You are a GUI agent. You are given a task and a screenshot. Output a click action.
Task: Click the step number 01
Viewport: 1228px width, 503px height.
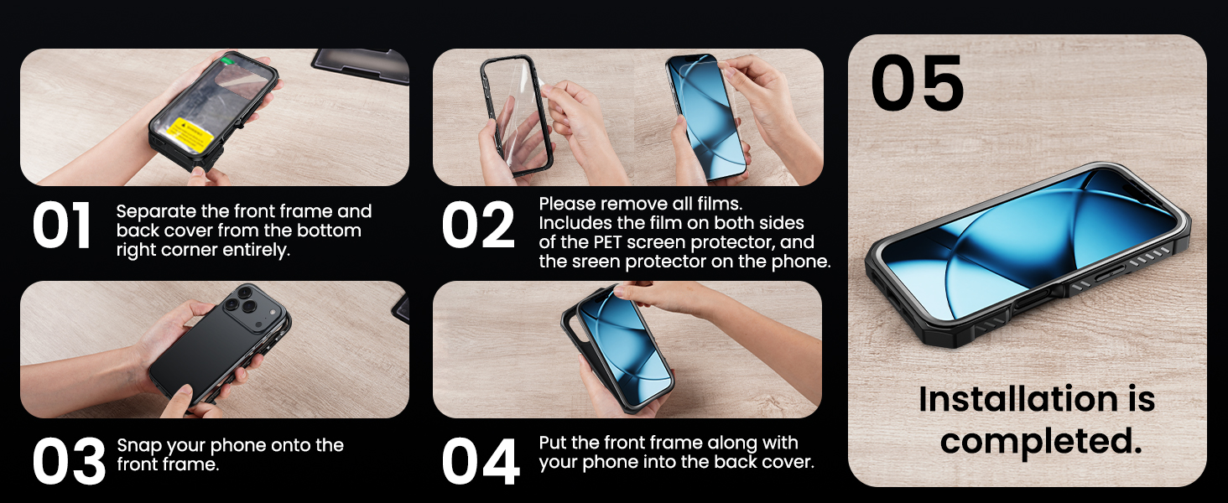pyautogui.click(x=62, y=227)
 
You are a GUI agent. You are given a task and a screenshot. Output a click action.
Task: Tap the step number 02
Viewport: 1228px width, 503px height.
pyautogui.click(x=478, y=227)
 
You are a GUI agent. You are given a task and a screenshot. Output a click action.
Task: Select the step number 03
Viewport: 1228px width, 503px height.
pyautogui.click(x=68, y=461)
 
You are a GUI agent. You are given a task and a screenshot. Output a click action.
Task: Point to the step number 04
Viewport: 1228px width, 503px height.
pyautogui.click(x=480, y=461)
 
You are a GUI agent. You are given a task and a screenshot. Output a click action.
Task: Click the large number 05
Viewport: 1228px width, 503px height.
pyautogui.click(x=917, y=85)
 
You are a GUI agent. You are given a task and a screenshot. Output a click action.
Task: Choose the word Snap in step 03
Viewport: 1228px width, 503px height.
pyautogui.click(x=138, y=445)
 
